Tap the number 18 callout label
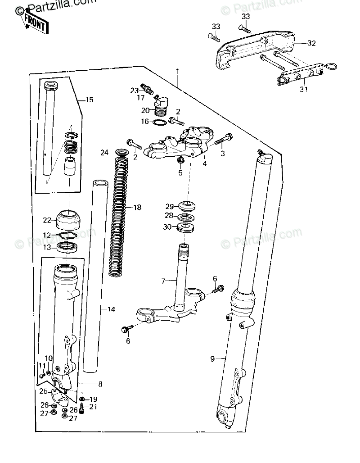tap(137, 208)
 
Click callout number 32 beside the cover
tap(312, 43)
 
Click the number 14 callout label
tap(111, 309)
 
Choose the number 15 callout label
tap(89, 100)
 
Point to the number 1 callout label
tap(177, 71)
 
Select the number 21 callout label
tap(93, 407)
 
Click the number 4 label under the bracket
tap(204, 163)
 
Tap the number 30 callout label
tap(167, 227)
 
